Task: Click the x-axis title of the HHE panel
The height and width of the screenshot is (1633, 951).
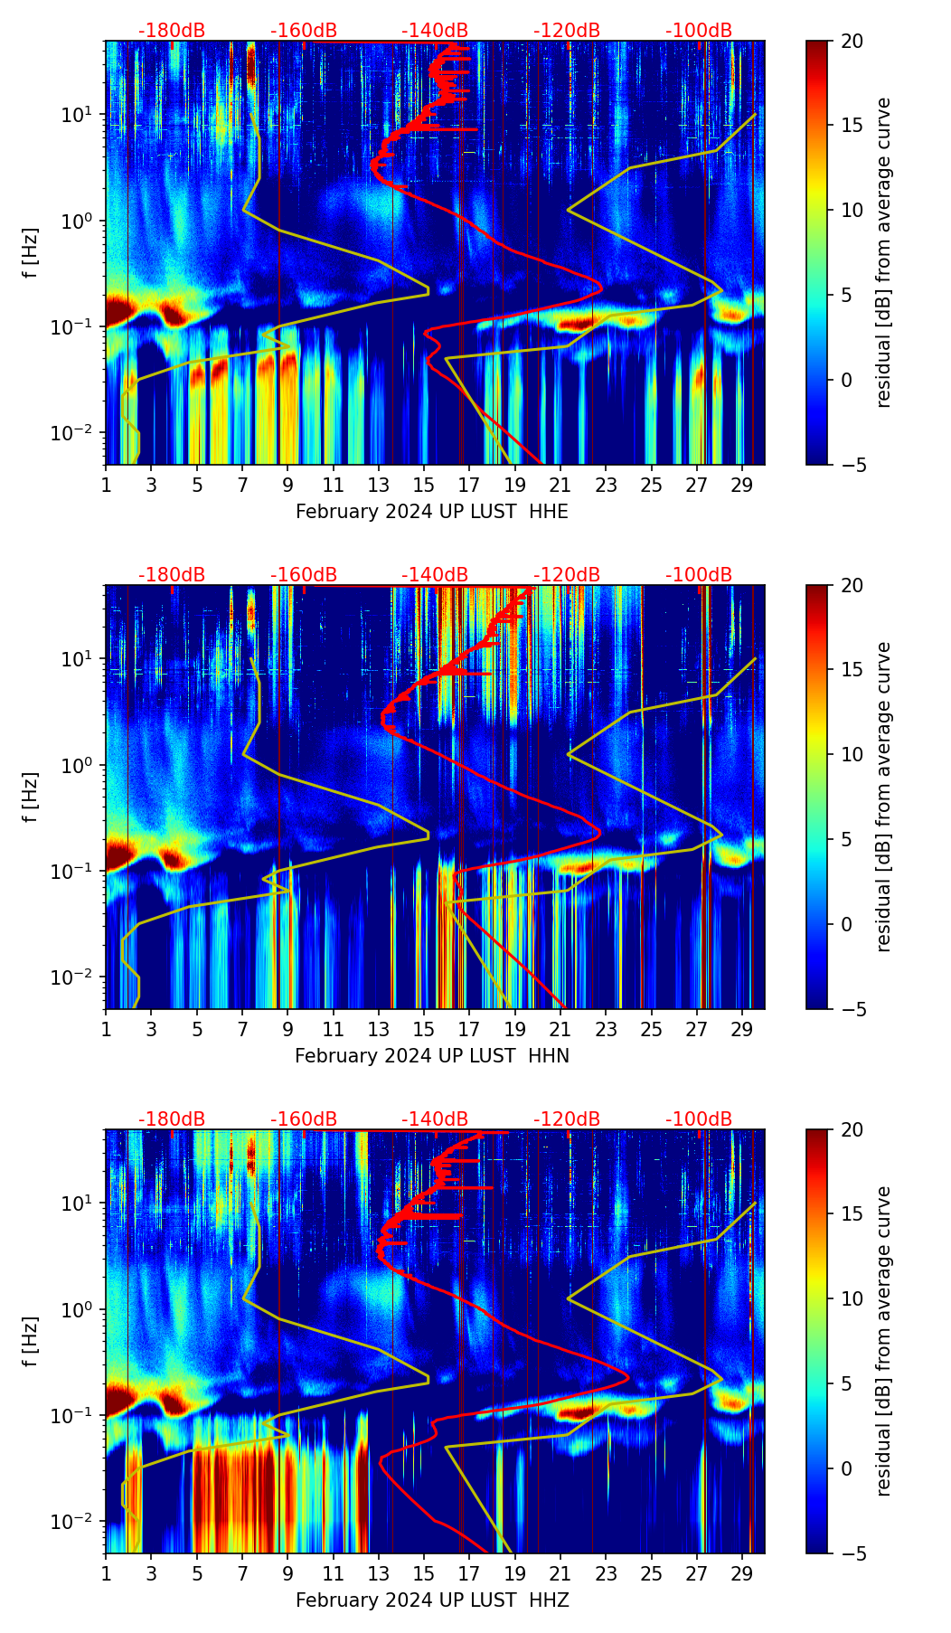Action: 431,512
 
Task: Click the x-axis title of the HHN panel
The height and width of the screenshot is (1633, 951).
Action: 431,1056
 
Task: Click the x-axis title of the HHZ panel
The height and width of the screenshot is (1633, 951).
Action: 431,1600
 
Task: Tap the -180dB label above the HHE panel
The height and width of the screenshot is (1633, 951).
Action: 172,31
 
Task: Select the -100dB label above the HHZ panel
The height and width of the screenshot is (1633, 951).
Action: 699,1119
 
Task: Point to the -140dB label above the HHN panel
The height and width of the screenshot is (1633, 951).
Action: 435,575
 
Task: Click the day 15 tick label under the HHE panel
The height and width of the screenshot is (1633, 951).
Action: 424,485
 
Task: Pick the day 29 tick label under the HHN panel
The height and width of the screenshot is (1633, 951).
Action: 742,1029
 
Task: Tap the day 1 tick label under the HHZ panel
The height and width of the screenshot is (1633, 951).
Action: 107,1573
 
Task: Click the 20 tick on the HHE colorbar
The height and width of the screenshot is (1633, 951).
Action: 852,41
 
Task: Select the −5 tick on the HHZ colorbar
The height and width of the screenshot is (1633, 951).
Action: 852,1553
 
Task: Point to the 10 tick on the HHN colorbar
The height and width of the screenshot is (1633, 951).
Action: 852,754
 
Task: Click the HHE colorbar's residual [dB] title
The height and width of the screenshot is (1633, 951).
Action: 883,252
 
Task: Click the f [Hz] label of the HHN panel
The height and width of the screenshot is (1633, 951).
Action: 31,797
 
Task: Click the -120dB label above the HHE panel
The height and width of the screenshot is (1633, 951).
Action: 567,31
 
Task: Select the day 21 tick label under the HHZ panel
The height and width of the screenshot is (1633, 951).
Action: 560,1573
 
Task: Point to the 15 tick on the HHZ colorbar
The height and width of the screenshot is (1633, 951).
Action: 852,1213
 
